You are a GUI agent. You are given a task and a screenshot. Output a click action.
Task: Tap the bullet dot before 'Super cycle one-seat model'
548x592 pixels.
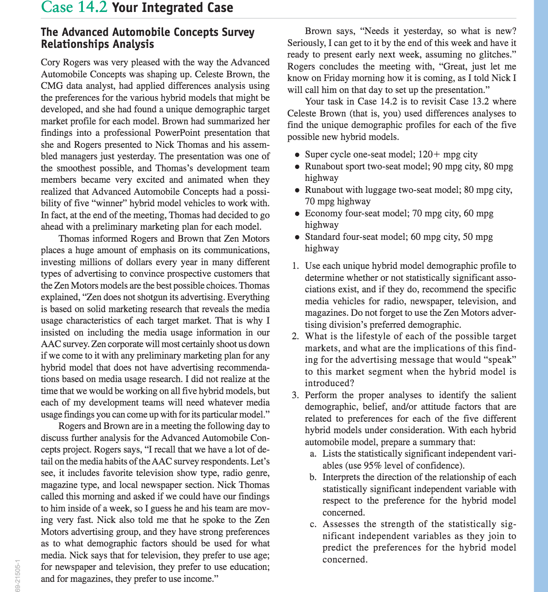pyautogui.click(x=298, y=155)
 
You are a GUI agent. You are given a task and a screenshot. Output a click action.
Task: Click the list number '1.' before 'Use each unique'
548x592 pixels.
pyautogui.click(x=296, y=266)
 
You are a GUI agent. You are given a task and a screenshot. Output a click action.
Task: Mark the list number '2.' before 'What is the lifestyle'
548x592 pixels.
pyautogui.click(x=296, y=337)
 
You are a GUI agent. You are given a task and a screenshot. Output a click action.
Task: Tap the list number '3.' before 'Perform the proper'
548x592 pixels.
pyautogui.click(x=296, y=395)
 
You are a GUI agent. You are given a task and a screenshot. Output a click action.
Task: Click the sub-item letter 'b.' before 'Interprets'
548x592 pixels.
pyautogui.click(x=313, y=477)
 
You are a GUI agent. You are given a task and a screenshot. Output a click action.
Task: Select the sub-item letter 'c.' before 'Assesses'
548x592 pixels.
pyautogui.click(x=313, y=524)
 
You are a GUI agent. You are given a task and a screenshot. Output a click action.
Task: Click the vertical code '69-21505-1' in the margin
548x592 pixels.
pyautogui.click(x=17, y=575)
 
